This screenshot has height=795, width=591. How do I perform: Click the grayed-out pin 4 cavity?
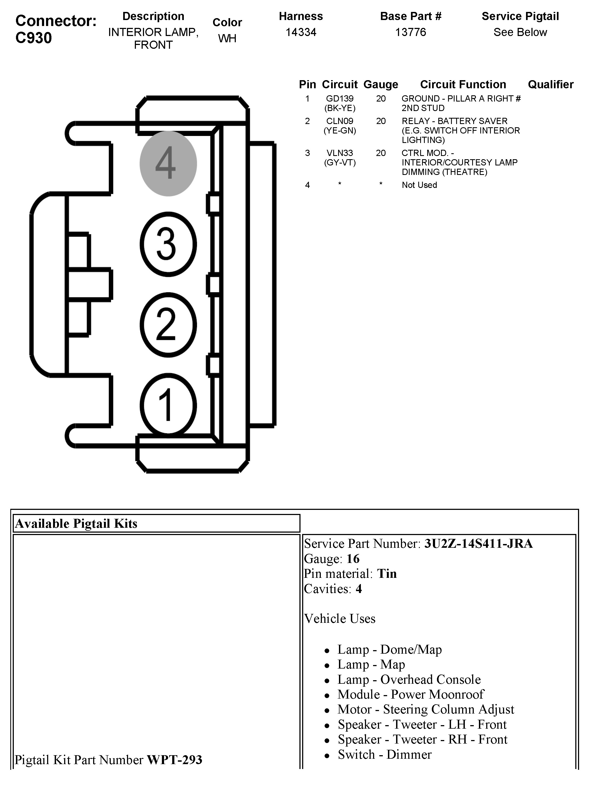[x=168, y=164]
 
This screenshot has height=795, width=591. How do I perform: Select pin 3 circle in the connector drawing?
[x=168, y=244]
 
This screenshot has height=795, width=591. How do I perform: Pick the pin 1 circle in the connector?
[x=168, y=405]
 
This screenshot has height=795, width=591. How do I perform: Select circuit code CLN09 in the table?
[x=339, y=121]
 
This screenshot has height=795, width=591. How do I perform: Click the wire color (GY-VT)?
[x=340, y=163]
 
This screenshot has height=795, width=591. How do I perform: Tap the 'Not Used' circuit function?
[x=419, y=185]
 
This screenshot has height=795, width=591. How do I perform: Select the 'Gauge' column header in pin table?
[x=381, y=84]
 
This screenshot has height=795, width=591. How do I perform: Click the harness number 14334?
[x=301, y=32]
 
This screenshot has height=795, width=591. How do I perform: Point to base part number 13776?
[x=411, y=32]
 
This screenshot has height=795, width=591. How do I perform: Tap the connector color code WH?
[x=227, y=38]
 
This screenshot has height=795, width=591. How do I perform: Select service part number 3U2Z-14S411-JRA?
[x=478, y=543]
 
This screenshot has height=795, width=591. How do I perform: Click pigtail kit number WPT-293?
[x=175, y=760]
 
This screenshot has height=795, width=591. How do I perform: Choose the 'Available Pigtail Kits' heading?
[x=76, y=523]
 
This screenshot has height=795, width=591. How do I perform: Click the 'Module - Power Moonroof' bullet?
[x=410, y=694]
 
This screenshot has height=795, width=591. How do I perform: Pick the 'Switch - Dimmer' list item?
[x=385, y=754]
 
